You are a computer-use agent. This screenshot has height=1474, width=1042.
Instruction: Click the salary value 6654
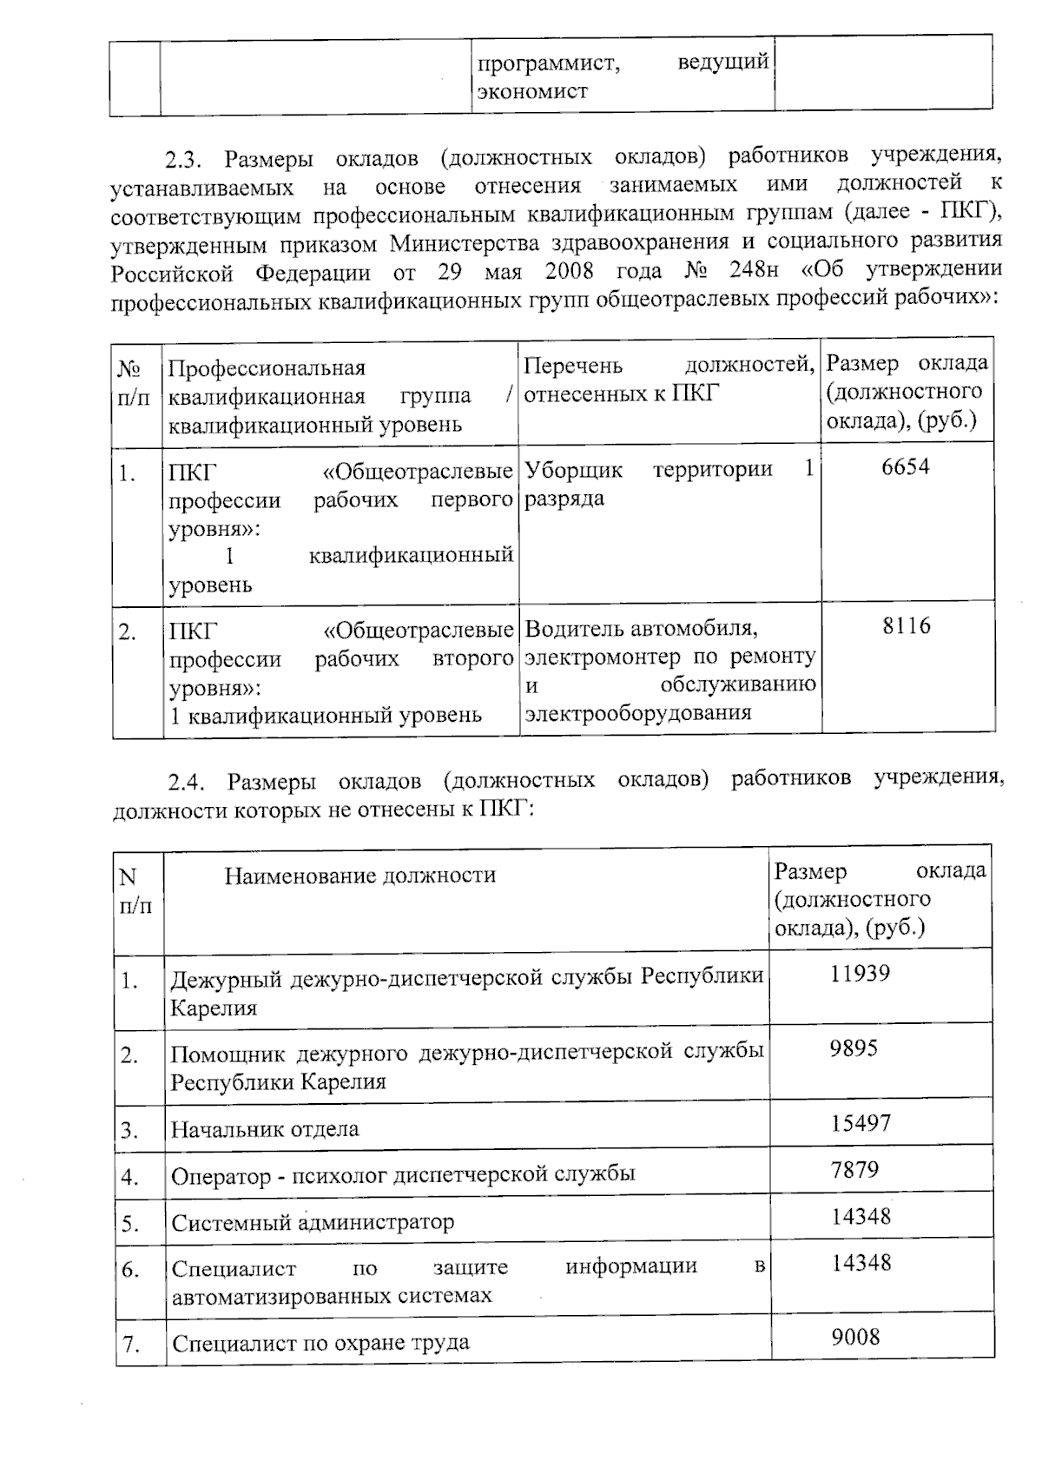click(x=905, y=467)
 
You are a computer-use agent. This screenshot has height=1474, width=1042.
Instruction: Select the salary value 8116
click(x=906, y=626)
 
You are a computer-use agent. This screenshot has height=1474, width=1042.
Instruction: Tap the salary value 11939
click(x=860, y=973)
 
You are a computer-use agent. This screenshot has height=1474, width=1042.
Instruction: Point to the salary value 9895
click(x=854, y=1048)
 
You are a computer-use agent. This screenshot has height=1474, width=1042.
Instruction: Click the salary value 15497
click(x=861, y=1123)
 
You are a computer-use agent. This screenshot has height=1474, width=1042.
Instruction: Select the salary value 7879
click(x=854, y=1170)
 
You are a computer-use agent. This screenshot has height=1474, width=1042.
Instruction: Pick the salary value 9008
click(x=855, y=1337)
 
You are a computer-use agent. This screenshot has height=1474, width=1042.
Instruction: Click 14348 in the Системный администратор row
click(x=861, y=1217)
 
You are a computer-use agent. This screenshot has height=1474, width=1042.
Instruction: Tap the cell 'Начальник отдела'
click(x=265, y=1129)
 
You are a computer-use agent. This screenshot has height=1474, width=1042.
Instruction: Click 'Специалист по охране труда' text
click(x=320, y=1344)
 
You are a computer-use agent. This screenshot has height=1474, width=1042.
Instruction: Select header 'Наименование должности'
click(x=360, y=875)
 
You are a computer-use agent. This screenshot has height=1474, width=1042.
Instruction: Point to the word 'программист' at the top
click(x=548, y=63)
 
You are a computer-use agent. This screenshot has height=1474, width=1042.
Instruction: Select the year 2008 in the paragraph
click(x=569, y=271)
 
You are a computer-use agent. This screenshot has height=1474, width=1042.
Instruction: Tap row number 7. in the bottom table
click(x=131, y=1345)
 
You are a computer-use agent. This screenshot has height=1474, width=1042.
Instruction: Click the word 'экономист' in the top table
click(x=532, y=92)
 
